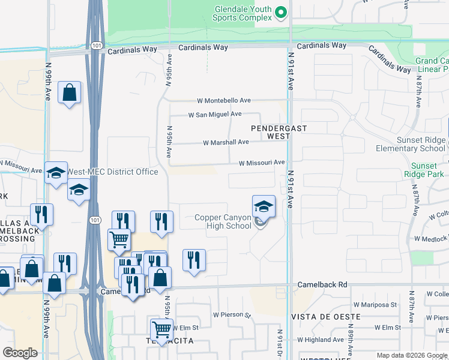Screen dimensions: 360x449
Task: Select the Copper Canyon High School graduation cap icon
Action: point(264,206)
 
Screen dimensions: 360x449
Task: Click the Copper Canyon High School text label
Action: point(222,221)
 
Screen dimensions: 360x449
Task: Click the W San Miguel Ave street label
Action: point(214,114)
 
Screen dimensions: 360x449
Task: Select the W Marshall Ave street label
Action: point(226,143)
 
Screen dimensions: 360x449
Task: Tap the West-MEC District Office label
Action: point(112,172)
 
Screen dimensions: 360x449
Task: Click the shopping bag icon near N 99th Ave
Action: point(70,93)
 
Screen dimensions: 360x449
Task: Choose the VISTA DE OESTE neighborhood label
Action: point(325,316)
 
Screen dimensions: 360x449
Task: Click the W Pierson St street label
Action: point(231,314)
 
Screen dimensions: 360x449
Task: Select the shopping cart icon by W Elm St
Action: point(161,329)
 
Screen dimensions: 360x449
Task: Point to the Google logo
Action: point(20,353)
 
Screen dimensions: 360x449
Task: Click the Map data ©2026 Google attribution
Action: point(411,355)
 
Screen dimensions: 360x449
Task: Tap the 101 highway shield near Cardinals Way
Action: point(97,46)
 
